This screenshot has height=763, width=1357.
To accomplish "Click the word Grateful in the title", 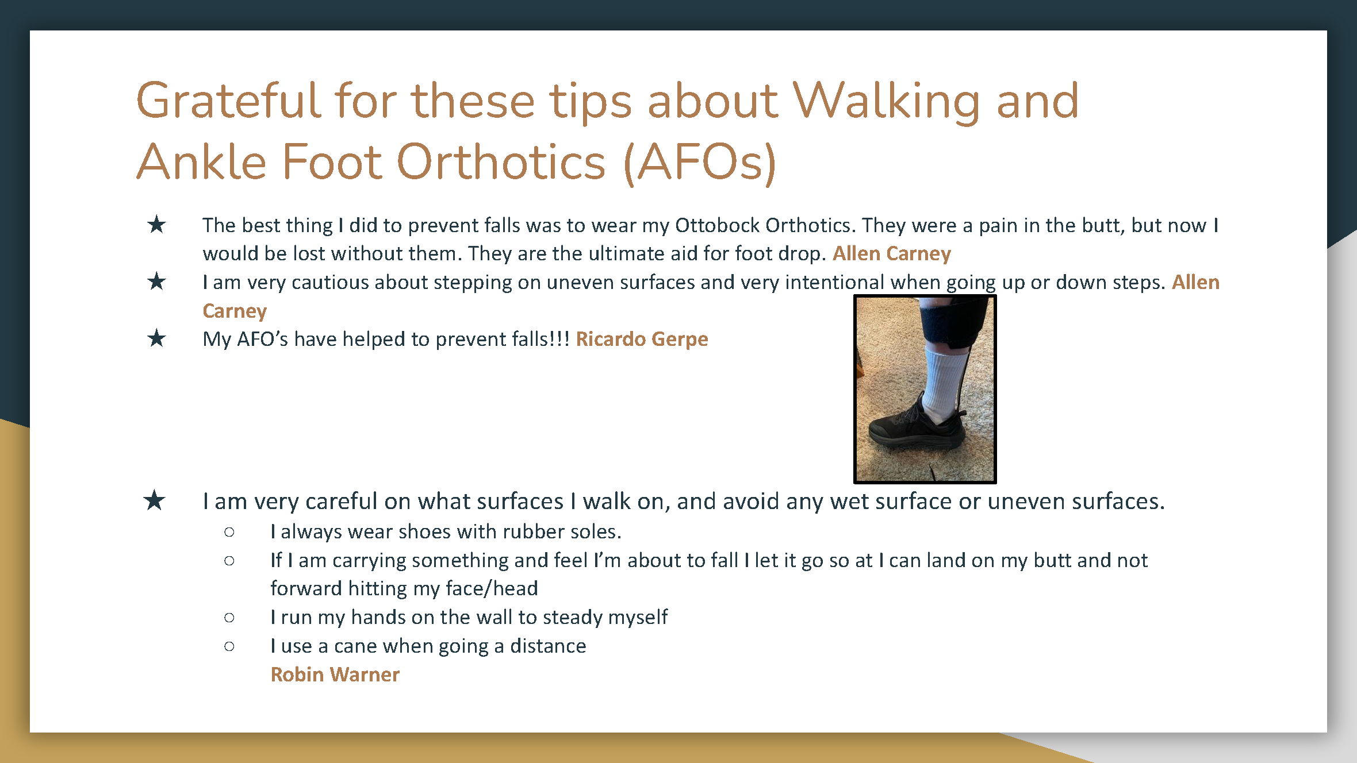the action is click(x=228, y=101).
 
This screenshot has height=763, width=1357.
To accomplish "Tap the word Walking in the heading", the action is click(x=886, y=102).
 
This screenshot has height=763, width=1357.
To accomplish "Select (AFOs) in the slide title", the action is click(x=700, y=163).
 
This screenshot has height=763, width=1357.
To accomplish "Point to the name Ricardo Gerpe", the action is click(x=642, y=340).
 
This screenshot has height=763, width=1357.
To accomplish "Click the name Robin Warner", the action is click(x=335, y=675).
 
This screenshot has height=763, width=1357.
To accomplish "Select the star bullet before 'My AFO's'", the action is click(x=156, y=338).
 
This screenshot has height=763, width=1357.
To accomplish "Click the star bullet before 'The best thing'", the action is click(x=156, y=224).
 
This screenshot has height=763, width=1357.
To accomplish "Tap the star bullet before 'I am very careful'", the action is click(x=154, y=500).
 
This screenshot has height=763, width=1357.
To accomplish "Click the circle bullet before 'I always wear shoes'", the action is click(x=229, y=532).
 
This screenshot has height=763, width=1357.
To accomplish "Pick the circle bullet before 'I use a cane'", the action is click(x=229, y=646).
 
